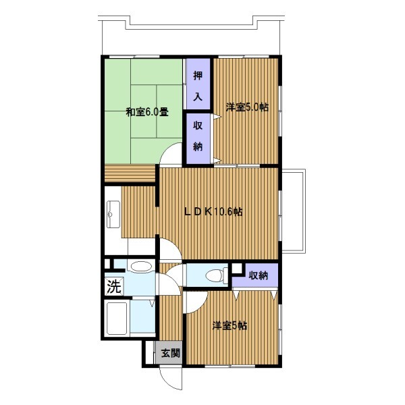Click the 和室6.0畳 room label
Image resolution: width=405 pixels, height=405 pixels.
coord(147,112)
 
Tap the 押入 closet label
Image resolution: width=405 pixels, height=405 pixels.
coord(198,86)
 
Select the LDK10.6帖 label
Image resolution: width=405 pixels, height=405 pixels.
coord(213,212)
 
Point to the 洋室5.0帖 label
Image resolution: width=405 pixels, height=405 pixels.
coord(247,107)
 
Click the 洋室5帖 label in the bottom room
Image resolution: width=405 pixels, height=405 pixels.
coord(230,326)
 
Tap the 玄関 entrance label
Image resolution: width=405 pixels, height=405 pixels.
coord(171,353)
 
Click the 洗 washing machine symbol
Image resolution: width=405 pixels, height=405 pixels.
coord(114,286)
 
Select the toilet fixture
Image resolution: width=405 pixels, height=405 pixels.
coord(217,275)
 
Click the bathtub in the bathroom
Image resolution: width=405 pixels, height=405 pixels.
coord(117,319)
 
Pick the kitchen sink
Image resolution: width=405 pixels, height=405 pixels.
coord(113,215)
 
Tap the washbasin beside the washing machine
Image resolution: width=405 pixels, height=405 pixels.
coord(140,267)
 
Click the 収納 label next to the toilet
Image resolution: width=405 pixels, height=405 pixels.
coord(259,275)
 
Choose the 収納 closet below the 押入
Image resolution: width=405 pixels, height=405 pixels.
coord(198,136)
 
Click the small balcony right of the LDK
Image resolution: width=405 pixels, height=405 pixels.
coord(294,211)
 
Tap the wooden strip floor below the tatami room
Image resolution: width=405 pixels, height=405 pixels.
coord(130,173)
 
